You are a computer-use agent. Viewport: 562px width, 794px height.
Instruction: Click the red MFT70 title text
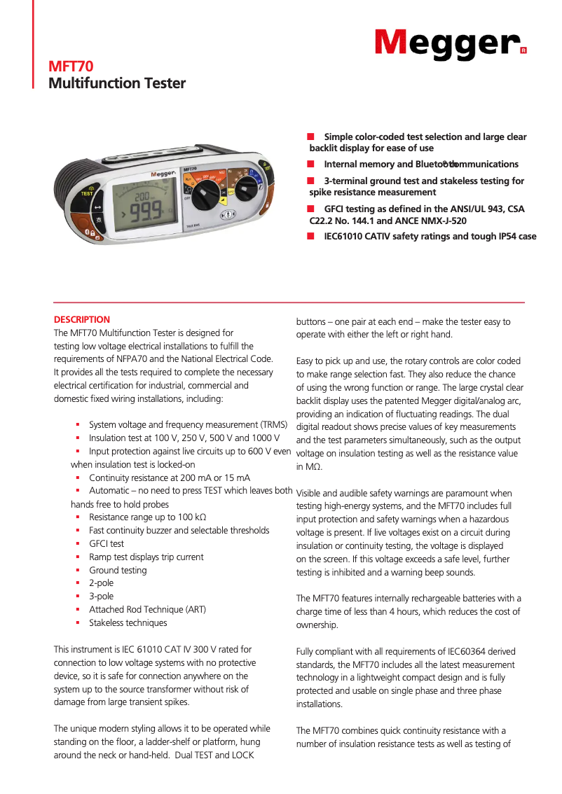(71, 67)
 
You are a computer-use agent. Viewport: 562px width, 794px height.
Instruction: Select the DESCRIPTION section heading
(82, 319)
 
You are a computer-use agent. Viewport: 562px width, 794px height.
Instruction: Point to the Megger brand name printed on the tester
(162, 174)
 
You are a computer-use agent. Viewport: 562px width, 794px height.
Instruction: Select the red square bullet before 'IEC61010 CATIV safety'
(310, 237)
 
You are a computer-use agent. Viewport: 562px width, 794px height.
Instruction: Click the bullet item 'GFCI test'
(107, 543)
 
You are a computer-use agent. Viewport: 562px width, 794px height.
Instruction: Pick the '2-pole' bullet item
(101, 583)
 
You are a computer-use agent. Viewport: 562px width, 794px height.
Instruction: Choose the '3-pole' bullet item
(101, 597)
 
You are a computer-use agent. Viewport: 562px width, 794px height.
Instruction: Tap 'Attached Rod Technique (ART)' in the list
(147, 610)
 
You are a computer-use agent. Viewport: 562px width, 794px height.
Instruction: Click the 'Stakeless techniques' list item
(128, 623)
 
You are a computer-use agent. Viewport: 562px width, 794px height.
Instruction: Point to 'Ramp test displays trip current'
(146, 557)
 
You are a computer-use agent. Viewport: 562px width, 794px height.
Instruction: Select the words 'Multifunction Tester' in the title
(116, 83)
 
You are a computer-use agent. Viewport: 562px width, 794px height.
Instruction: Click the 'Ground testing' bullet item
(118, 570)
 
